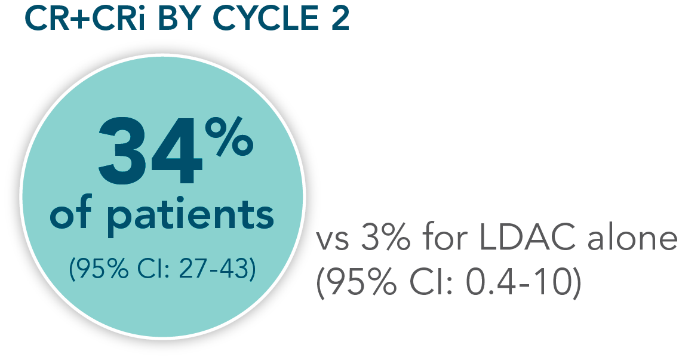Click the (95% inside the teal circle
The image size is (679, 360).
[98, 269]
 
